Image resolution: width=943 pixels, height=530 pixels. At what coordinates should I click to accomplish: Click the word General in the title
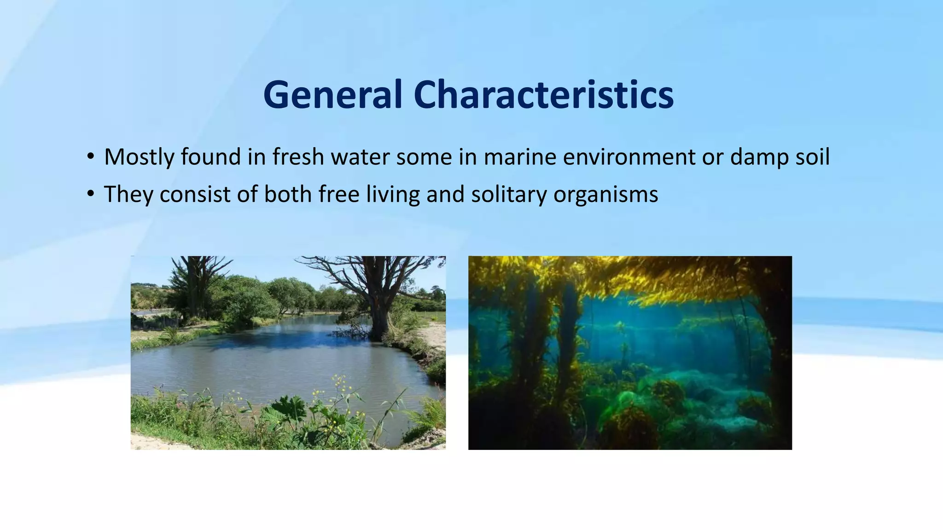point(332,95)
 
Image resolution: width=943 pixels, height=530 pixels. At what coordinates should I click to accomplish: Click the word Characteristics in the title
point(543,95)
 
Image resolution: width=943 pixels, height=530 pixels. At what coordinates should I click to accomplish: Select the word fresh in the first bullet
point(298,157)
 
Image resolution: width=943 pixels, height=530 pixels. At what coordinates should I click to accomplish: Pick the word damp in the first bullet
point(759,157)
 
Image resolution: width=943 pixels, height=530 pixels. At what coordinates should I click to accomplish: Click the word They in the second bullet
point(128,194)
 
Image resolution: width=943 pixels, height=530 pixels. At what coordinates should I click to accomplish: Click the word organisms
point(606,194)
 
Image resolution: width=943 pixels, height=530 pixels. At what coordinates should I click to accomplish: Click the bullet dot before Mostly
point(91,157)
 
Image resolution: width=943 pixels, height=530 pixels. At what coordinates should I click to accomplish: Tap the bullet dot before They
point(91,194)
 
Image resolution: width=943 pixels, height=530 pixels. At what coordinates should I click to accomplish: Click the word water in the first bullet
point(361,157)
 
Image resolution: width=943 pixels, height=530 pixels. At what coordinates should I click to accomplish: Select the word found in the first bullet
point(211,157)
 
